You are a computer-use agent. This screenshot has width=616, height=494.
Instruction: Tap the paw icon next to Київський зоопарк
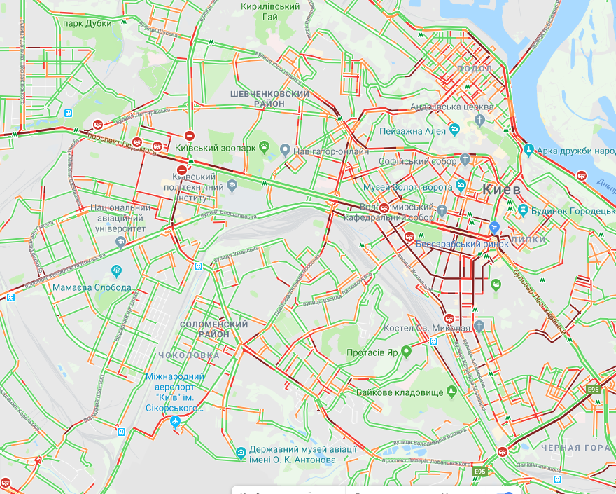pyautogui.click(x=265, y=147)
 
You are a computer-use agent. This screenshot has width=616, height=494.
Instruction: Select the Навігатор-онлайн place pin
pyautogui.click(x=286, y=149)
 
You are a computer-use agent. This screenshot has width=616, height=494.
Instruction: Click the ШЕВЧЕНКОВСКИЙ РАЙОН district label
pyautogui.click(x=269, y=98)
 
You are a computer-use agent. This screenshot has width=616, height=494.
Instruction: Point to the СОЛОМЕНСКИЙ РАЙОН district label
pyautogui.click(x=214, y=329)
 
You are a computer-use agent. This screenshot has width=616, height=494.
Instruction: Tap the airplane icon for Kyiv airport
pyautogui.click(x=175, y=421)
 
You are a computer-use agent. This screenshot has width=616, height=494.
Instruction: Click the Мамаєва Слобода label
pyautogui.click(x=92, y=288)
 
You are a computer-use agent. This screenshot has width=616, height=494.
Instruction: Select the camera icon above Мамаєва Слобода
pyautogui.click(x=117, y=270)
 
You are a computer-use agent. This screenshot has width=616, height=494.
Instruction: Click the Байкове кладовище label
pyautogui.click(x=400, y=392)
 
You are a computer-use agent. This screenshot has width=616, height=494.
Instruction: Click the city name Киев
pyautogui.click(x=501, y=190)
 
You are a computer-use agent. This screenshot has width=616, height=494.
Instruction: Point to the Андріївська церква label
pyautogui.click(x=451, y=107)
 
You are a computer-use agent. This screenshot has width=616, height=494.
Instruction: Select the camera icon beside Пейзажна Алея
pyautogui.click(x=455, y=129)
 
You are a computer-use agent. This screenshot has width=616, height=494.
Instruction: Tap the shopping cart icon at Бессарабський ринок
pyautogui.click(x=495, y=227)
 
